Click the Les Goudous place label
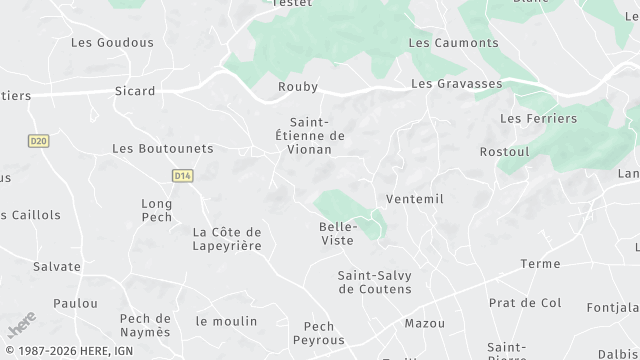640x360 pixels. point(112,43)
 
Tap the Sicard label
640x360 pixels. point(135,91)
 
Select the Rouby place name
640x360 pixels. point(298,87)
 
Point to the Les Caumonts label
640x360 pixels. point(453,43)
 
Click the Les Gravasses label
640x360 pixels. point(456,84)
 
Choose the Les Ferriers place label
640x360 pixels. point(538,118)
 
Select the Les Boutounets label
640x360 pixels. point(163,148)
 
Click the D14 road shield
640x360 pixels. point(181,176)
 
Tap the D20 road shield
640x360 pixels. point(39,141)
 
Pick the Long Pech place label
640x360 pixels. point(157,210)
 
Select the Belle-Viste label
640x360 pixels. point(336,233)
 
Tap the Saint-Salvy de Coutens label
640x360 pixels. point(374,282)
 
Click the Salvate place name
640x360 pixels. point(57,267)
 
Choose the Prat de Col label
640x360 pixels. point(525,303)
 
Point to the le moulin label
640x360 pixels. point(226,321)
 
